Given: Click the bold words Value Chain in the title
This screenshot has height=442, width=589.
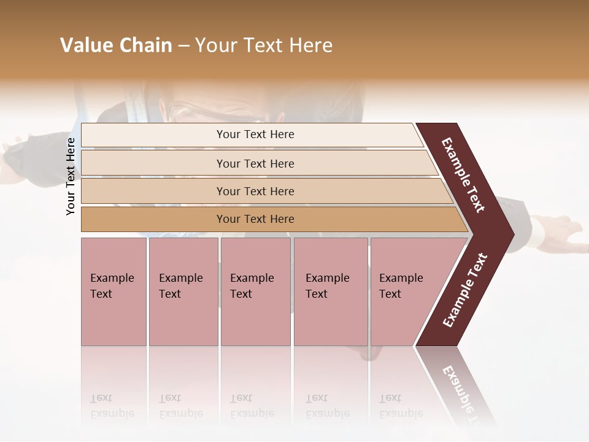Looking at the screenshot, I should point(116,45).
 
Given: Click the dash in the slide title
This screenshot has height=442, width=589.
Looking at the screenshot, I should point(183,45).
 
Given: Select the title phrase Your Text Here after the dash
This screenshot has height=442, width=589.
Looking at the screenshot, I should point(264,45).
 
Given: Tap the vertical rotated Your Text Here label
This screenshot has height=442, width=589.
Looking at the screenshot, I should point(71,176).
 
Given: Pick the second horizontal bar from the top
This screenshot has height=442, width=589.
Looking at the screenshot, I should point(255,163).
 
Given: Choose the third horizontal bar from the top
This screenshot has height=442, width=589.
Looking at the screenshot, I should point(255,191).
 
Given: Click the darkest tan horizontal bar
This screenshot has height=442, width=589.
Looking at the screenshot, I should point(255,219).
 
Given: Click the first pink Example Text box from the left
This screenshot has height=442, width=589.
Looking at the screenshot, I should point(114,292).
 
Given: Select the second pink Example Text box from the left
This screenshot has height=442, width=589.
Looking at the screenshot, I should point(183,292).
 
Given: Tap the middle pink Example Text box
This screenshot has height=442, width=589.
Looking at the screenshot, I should point(255,292).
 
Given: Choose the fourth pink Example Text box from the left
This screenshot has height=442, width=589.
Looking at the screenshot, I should point(331,292).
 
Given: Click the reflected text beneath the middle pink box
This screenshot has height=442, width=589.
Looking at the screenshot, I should point(252,406).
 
